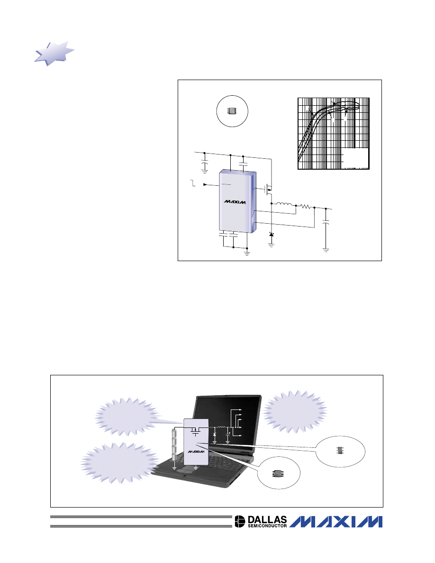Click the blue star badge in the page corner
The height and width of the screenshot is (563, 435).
click(x=54, y=54)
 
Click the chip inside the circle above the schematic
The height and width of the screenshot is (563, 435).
click(x=232, y=111)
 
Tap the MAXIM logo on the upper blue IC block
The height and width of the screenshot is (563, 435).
click(x=235, y=202)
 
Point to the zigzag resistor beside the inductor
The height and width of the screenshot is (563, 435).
click(x=306, y=207)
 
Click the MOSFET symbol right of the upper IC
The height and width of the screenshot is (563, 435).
click(x=268, y=189)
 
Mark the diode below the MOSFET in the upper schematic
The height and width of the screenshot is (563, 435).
click(x=272, y=235)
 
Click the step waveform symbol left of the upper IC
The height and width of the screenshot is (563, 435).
click(x=193, y=183)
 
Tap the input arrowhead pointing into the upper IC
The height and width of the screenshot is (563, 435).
click(x=205, y=184)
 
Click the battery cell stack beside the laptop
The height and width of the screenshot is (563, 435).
click(x=174, y=445)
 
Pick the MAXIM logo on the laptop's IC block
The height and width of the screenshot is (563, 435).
click(x=196, y=451)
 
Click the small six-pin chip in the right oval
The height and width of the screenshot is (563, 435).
click(x=340, y=450)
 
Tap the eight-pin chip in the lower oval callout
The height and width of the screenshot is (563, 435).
click(x=278, y=473)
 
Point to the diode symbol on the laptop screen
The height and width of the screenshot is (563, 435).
click(x=215, y=435)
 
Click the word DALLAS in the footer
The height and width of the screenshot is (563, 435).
click(x=267, y=519)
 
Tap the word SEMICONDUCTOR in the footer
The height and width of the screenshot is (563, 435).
click(x=267, y=526)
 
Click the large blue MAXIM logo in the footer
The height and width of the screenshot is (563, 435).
click(x=336, y=522)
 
